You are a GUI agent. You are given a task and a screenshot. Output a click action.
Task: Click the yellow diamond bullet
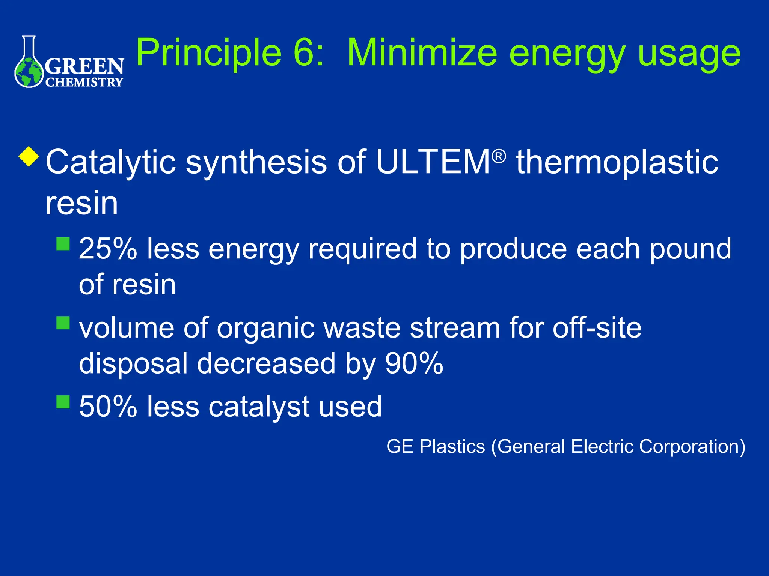[x=29, y=157]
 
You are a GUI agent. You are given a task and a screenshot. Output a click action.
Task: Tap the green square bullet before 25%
[x=63, y=244]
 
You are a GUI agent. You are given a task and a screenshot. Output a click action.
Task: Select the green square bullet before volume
[x=63, y=322]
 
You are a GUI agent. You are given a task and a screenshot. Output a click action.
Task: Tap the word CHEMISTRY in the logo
[x=84, y=82]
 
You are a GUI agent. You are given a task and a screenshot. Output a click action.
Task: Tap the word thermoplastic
[x=617, y=162]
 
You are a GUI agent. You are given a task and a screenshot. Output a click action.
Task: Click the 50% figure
[x=108, y=406]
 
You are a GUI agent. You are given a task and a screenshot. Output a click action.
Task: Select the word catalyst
[x=259, y=406]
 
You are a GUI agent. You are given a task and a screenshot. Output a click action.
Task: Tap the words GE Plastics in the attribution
[x=436, y=446]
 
